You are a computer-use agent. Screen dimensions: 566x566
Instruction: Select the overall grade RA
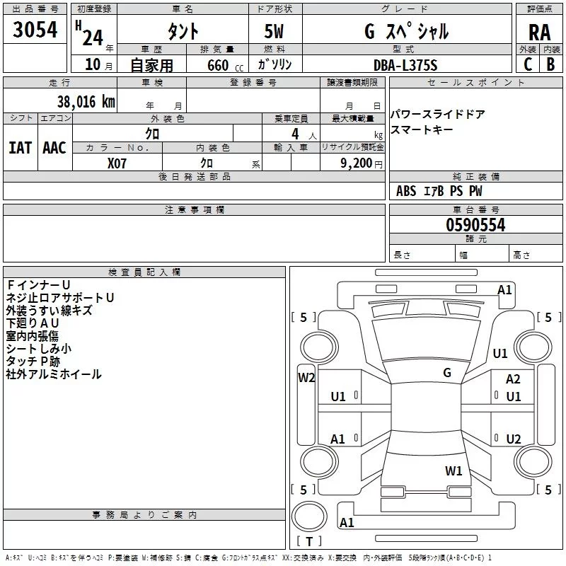pyautogui.click(x=538, y=32)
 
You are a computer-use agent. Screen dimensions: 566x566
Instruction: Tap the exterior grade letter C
pyautogui.click(x=527, y=64)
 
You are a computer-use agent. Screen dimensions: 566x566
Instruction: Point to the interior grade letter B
pyautogui.click(x=550, y=64)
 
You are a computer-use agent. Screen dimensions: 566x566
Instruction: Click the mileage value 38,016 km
pyautogui.click(x=86, y=101)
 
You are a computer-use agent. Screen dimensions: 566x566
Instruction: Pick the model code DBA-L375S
pyautogui.click(x=405, y=65)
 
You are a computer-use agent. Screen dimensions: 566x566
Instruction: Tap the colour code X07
pyautogui.click(x=117, y=163)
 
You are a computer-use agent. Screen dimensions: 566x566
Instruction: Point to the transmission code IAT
pyautogui.click(x=20, y=147)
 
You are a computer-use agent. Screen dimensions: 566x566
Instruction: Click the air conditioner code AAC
pyautogui.click(x=54, y=147)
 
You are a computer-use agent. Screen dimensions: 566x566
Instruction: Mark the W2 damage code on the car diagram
pyautogui.click(x=306, y=377)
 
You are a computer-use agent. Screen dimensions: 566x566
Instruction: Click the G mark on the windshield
pyautogui.click(x=446, y=372)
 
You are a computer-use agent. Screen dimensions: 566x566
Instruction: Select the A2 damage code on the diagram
pyautogui.click(x=513, y=379)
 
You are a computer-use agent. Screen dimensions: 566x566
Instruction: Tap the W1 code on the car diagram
pyautogui.click(x=454, y=470)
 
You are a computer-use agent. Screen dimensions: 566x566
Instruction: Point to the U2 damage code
pyautogui.click(x=514, y=439)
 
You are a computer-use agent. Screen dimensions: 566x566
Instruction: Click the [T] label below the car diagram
pyautogui.click(x=309, y=542)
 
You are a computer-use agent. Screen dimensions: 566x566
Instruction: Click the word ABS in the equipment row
pyautogui.click(x=406, y=191)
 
